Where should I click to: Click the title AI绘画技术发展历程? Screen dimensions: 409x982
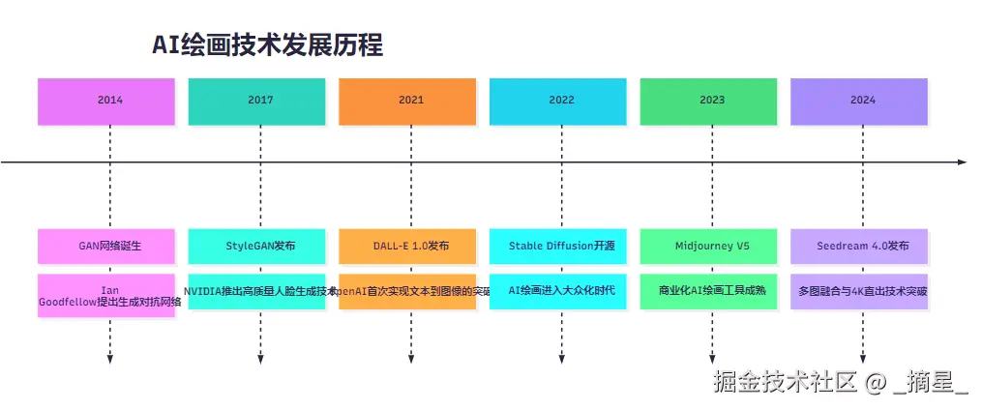[268, 44]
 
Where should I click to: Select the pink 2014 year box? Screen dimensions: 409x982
[110, 100]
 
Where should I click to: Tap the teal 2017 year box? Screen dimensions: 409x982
[260, 100]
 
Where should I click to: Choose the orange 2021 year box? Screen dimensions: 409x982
[411, 100]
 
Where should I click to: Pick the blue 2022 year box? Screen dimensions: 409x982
[561, 100]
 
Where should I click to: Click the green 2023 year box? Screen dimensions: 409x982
[712, 100]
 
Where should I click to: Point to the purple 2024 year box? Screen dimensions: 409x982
[863, 100]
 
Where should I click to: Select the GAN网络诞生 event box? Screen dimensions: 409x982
[110, 246]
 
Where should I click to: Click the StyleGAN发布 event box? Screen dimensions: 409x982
[260, 246]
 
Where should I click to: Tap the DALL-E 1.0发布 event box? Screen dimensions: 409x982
[411, 246]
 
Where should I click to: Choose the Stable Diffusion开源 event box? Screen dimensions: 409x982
[561, 246]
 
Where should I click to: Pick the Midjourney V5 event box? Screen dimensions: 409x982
[712, 246]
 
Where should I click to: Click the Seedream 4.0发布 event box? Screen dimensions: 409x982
[863, 246]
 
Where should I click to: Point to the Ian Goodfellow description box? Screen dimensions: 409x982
[110, 295]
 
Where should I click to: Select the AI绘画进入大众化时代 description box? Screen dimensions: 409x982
[561, 290]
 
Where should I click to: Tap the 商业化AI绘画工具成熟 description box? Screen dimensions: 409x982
[712, 290]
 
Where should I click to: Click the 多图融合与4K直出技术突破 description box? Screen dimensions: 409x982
[863, 290]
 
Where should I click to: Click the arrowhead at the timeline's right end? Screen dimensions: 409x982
[962, 162]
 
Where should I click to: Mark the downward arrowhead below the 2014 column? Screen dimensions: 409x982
[110, 360]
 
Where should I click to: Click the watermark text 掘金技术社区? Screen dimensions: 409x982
[786, 382]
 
